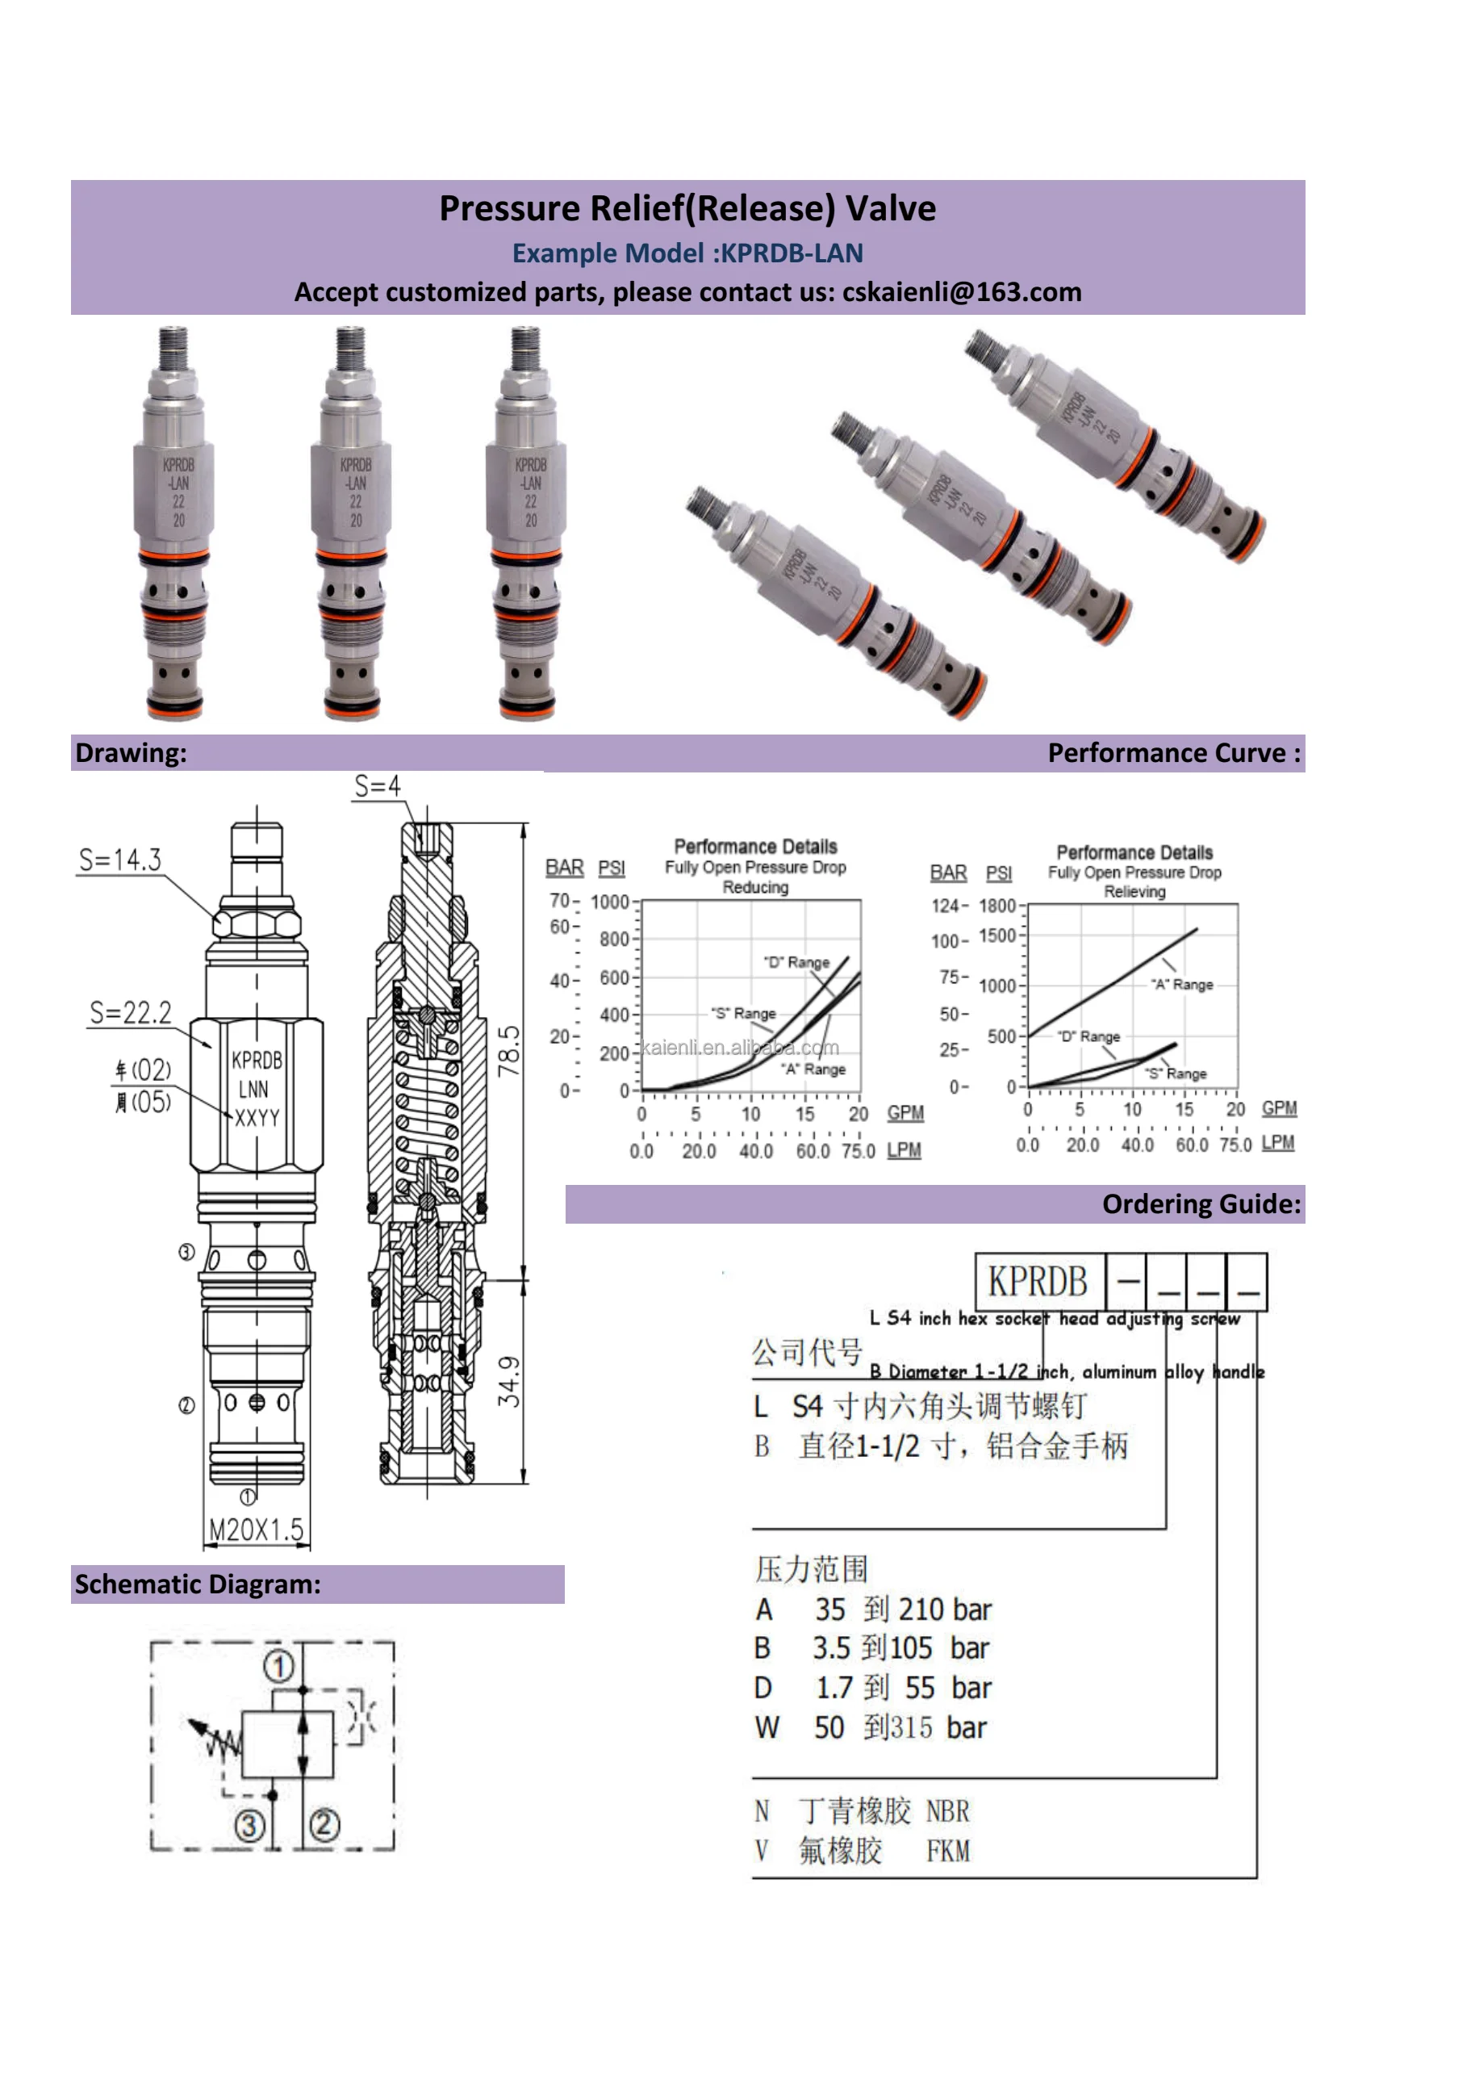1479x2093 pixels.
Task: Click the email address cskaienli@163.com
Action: (962, 293)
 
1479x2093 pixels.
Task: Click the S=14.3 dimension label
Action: (119, 860)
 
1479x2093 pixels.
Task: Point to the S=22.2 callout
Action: (131, 1013)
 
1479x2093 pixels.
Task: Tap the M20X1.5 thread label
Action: (256, 1530)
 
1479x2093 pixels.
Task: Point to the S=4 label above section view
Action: (376, 786)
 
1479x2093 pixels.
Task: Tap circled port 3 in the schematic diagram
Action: (249, 1826)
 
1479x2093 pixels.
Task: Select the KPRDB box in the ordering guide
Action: (1038, 1282)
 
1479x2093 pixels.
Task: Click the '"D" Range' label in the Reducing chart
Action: (796, 963)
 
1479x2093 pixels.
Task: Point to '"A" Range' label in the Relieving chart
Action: (1181, 985)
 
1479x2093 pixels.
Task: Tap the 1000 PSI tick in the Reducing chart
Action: (610, 902)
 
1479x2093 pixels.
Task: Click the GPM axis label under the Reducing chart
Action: (905, 1113)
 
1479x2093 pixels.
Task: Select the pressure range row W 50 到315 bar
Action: (871, 1727)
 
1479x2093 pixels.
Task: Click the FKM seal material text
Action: (948, 1852)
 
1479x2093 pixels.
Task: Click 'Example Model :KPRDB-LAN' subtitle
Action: (687, 253)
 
